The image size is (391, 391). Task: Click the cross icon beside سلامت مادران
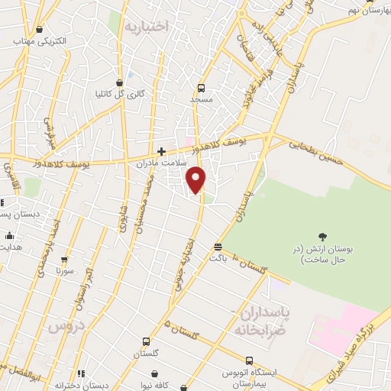coord(161,151)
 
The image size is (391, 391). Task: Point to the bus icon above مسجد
coord(202,87)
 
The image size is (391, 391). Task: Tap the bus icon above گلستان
coord(146,341)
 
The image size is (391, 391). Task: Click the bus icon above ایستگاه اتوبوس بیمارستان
coord(249,360)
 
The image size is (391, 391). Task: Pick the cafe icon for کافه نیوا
coord(156,374)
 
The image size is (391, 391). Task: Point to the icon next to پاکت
coord(218,247)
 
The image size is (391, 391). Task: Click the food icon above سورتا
coord(65,260)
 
